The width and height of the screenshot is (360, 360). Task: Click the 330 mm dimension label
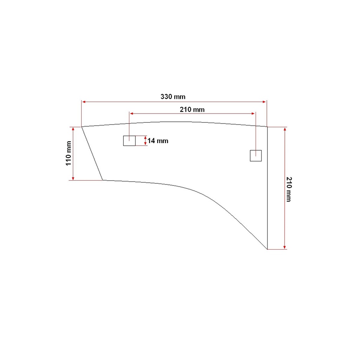[x=173, y=97]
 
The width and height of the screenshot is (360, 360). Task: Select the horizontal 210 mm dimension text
[x=192, y=110]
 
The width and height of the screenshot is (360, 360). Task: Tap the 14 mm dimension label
[x=158, y=141]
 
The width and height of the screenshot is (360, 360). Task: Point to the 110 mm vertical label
[x=69, y=153]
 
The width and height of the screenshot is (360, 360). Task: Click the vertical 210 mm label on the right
[x=289, y=189]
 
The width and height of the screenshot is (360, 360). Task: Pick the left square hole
[x=129, y=141]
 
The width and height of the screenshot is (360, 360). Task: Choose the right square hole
[x=256, y=156]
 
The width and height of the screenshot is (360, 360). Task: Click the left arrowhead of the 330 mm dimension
[x=84, y=102]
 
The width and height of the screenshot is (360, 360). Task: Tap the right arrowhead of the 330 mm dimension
[x=264, y=102]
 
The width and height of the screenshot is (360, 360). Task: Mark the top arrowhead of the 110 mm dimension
[x=73, y=129]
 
